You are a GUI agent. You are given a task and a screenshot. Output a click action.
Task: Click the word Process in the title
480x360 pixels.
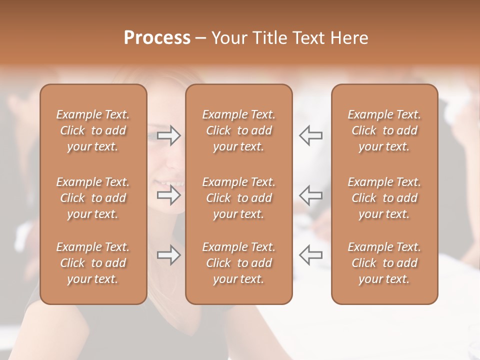[x=157, y=38]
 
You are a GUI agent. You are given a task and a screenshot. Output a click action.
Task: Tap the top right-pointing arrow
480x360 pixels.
[x=169, y=135]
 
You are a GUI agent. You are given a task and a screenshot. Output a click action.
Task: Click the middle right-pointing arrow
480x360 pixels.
[x=169, y=195]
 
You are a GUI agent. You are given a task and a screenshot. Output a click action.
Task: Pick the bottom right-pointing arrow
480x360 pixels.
[x=169, y=255]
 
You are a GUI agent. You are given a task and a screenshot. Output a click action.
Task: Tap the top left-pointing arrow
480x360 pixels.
[x=310, y=135]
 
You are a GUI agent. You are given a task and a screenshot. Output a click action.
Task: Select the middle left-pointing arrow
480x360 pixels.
[x=310, y=195]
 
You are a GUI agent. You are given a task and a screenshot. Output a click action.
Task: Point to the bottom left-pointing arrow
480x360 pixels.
[x=310, y=255]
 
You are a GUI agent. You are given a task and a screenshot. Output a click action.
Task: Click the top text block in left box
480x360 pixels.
[x=93, y=130]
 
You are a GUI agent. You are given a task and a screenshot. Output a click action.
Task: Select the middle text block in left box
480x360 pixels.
[x=93, y=198]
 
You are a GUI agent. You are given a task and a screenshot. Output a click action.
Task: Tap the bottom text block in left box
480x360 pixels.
[x=93, y=263]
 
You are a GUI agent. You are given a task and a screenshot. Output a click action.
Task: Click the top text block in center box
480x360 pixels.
[x=238, y=130]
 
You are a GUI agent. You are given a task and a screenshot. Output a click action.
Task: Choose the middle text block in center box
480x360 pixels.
[x=238, y=198]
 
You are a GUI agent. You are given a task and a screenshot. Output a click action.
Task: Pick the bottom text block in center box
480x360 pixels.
[x=238, y=263]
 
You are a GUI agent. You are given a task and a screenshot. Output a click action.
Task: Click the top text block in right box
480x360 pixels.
[x=384, y=130]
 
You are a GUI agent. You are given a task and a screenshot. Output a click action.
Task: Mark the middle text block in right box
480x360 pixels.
[x=384, y=198]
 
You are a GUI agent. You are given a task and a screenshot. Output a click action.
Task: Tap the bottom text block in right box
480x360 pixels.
[x=384, y=263]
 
